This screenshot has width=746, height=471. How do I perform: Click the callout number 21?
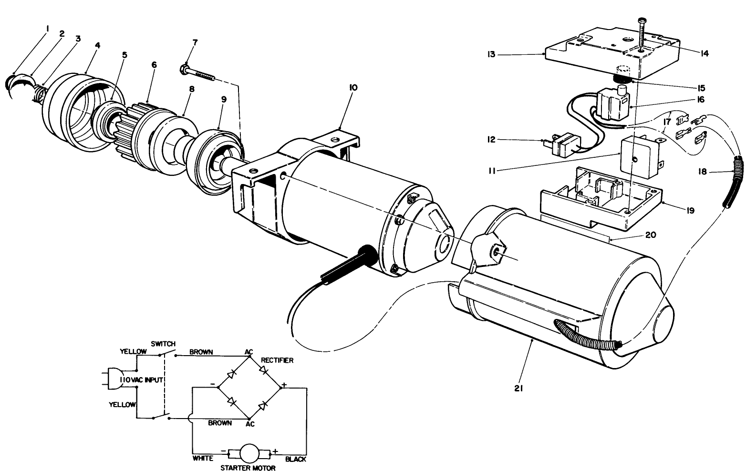pos(519,389)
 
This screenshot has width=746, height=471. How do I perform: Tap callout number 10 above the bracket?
pos(353,88)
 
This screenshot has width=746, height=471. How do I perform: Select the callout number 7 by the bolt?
pos(195,42)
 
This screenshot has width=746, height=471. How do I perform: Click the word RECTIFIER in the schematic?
pos(277,360)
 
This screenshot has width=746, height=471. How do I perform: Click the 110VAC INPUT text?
pos(142,380)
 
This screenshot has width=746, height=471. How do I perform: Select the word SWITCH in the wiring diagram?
pos(164,344)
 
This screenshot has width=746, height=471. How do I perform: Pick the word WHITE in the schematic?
pos(203,459)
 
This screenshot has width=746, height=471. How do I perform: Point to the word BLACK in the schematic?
pos(295,459)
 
